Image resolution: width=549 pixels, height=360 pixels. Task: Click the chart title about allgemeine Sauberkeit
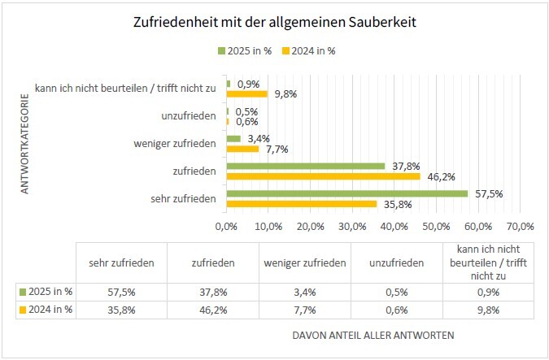point(274,23)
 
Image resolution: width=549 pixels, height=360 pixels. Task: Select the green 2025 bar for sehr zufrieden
point(347,193)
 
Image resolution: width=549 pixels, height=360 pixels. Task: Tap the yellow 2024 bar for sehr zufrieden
point(302,203)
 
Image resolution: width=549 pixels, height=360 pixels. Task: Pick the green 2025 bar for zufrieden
point(306,166)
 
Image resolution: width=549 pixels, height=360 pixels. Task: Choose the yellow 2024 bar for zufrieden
point(324,176)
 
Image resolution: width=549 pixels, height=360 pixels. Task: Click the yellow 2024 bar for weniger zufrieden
point(242,149)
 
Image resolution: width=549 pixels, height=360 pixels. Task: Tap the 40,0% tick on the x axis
point(394,225)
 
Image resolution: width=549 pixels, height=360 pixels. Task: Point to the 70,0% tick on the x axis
point(520,225)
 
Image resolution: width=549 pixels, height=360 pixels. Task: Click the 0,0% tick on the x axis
point(227,225)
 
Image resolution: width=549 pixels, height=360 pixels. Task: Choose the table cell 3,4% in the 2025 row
point(304,290)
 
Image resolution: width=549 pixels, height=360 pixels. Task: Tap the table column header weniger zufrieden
point(304,262)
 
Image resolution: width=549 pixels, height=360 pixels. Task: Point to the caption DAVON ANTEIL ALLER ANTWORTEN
point(373,335)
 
